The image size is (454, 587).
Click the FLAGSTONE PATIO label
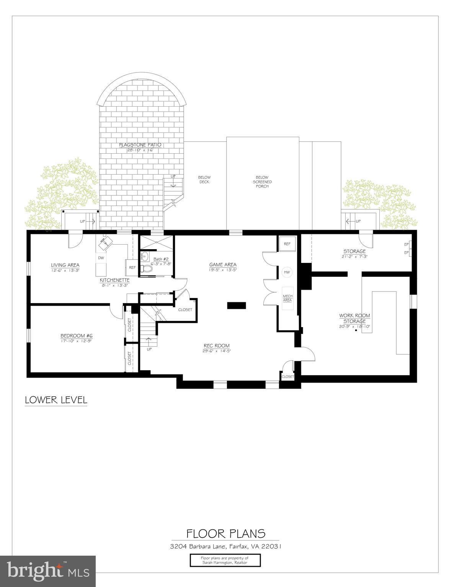pos(140,145)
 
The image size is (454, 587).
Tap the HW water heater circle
pos(287,272)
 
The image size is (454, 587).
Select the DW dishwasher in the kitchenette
pos(101,258)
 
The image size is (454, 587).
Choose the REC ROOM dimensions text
pos(217,351)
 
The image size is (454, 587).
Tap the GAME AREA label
pos(222,264)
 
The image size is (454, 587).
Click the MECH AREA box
pos(287,298)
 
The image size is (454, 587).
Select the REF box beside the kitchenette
pos(132,267)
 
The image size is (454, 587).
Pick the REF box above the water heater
pos(287,243)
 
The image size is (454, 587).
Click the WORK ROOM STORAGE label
pos(354,318)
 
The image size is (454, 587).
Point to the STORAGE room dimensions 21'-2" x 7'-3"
pos(354,256)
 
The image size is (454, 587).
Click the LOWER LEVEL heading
pos(56,400)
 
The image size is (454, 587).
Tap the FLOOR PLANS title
pos(225,533)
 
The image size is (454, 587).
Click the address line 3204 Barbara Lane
pos(225,546)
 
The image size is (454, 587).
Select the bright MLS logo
pos(48,571)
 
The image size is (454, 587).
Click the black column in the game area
pos(237,305)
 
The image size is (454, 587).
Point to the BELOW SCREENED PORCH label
pos(262,182)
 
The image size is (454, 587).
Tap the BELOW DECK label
pos(204,179)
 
